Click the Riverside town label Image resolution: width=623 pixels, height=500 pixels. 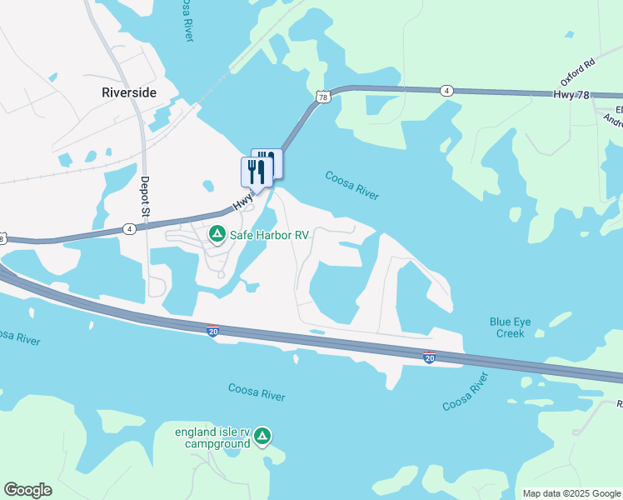[128, 92]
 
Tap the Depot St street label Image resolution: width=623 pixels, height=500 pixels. [144, 197]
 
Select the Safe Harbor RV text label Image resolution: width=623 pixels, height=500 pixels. [270, 236]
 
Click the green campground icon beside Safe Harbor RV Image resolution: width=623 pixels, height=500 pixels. [217, 235]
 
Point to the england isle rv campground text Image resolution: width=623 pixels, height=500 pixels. [212, 437]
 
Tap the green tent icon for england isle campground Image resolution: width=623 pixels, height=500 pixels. [262, 437]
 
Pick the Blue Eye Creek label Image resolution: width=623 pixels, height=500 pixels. [506, 327]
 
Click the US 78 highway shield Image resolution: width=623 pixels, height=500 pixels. [321, 97]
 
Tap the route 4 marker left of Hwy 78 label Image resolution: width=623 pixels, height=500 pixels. [447, 90]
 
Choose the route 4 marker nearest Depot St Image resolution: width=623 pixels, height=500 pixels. [128, 228]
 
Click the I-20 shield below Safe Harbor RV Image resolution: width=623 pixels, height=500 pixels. [213, 331]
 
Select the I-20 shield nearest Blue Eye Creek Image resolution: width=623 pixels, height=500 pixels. [429, 357]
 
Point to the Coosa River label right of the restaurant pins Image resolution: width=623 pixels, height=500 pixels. [351, 185]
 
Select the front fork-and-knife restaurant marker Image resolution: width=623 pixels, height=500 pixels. [257, 172]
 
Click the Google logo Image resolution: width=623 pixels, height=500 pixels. [27, 490]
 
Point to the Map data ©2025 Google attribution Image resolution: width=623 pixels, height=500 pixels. [571, 493]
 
